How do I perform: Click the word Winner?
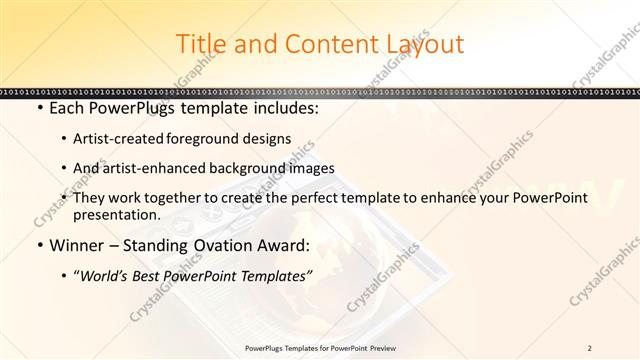(75, 246)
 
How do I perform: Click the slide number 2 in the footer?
(589, 348)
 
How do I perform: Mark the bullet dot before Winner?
(38, 246)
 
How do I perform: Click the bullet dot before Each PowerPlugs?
(38, 108)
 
